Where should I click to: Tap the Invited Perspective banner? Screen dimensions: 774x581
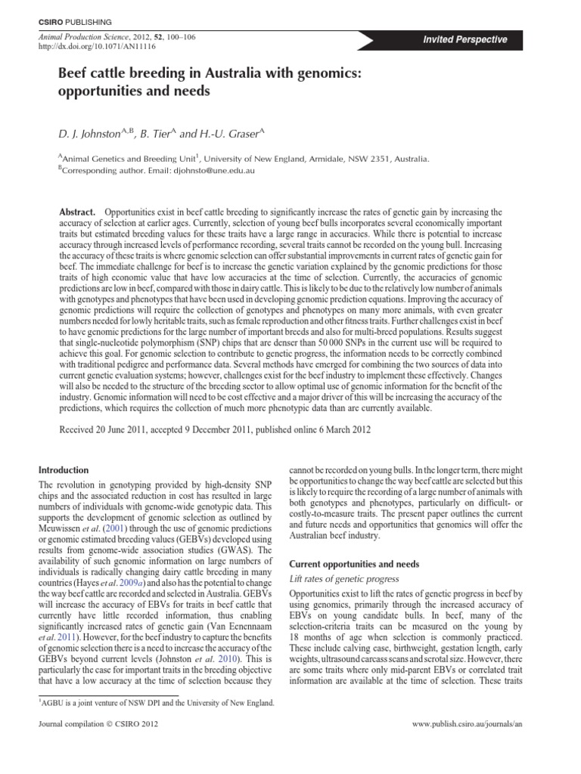465,39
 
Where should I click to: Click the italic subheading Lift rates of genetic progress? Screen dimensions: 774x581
345,579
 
